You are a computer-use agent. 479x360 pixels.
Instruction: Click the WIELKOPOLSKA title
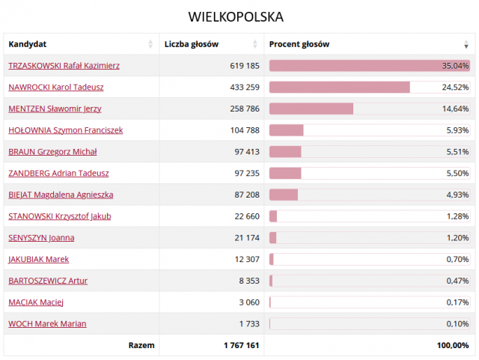click(236, 16)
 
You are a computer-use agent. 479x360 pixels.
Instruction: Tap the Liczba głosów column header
click(192, 44)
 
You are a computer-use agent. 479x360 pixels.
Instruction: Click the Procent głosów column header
click(299, 44)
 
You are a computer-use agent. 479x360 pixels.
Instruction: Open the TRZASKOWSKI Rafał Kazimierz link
click(64, 66)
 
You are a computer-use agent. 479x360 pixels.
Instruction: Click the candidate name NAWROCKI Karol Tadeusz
click(55, 87)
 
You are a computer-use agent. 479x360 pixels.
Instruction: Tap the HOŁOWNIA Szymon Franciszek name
click(65, 130)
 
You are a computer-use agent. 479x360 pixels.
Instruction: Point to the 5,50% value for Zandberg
click(457, 173)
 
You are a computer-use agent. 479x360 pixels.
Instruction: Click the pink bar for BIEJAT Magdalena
click(284, 195)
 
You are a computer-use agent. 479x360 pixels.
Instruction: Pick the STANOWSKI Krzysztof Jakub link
click(59, 216)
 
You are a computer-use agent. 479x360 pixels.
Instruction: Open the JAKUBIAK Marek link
click(38, 260)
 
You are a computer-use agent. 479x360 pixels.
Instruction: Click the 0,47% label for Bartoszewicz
click(457, 281)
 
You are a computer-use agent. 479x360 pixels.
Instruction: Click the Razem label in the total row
click(141, 346)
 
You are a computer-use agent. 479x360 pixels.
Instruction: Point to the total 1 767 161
click(241, 346)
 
